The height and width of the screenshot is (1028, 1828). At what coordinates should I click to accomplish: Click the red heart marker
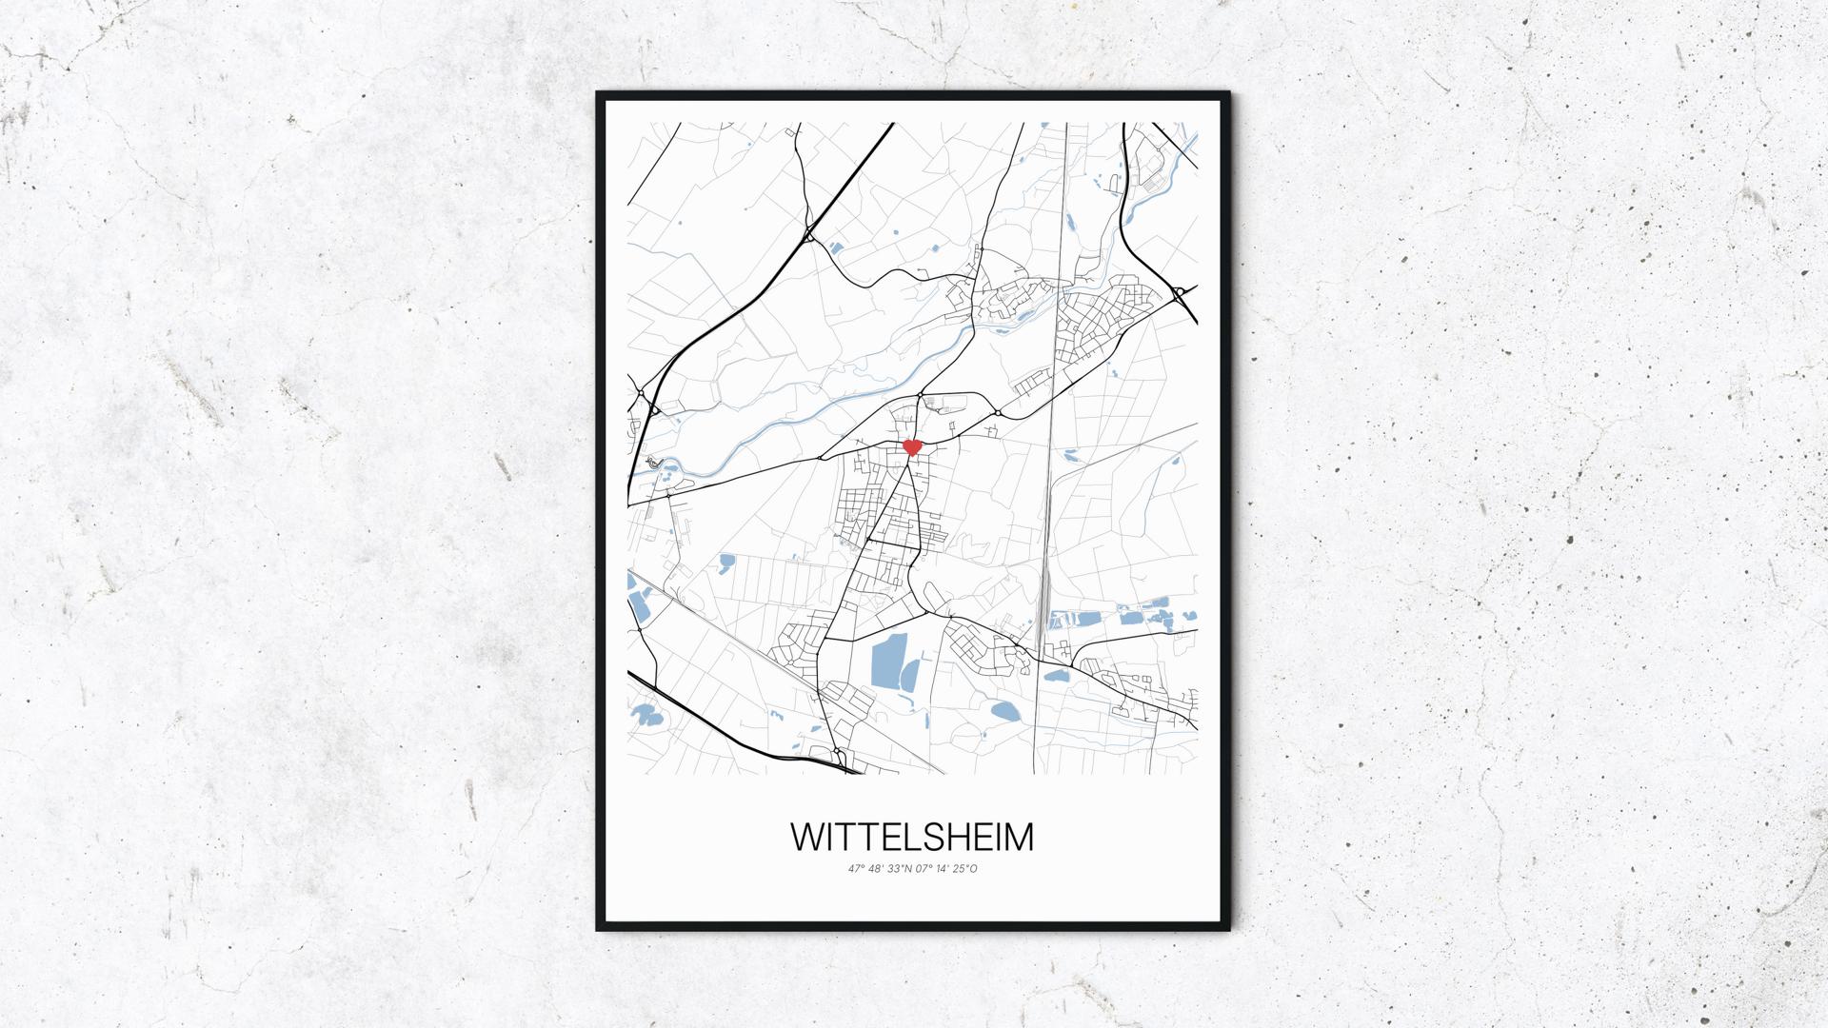912,446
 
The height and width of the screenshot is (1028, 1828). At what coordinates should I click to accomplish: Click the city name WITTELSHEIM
912,837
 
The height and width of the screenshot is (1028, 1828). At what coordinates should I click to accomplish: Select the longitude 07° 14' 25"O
945,868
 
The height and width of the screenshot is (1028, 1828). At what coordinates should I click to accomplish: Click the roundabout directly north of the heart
921,394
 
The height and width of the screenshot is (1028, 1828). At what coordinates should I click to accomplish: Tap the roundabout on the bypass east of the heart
997,413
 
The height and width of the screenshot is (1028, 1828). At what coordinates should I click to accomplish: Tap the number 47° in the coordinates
854,868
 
